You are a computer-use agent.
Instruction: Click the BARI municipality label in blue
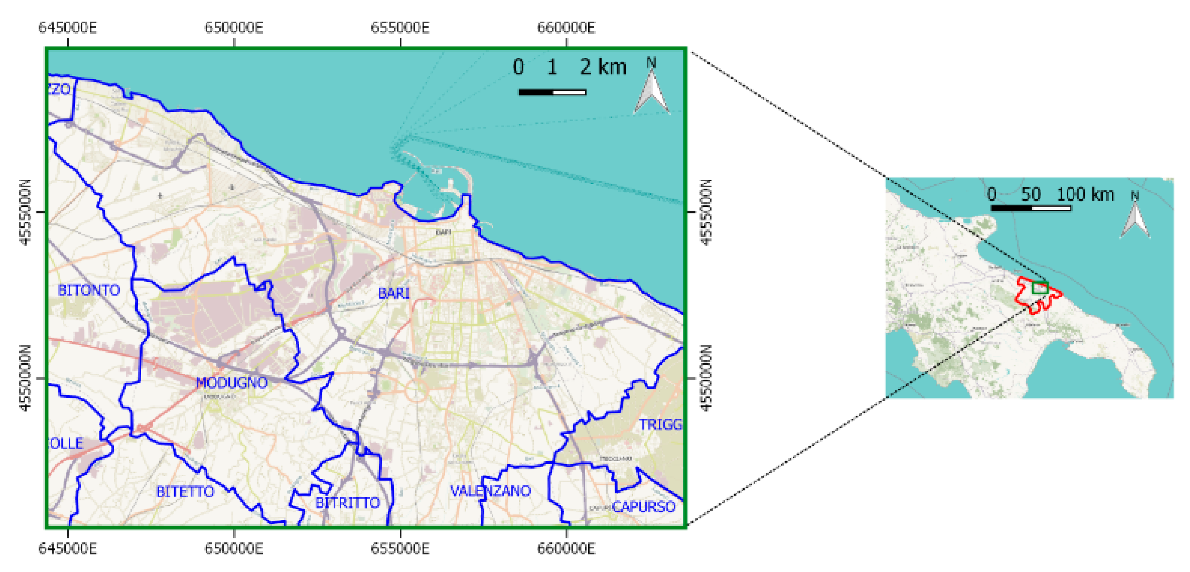[x=394, y=293]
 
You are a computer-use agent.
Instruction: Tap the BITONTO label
[x=89, y=290]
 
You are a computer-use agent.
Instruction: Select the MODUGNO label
[x=231, y=382]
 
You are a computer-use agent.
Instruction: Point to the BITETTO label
[x=185, y=492]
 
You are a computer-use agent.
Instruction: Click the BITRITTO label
[x=348, y=502]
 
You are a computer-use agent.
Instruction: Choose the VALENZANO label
[x=491, y=491]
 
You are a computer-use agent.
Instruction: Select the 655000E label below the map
[x=400, y=548]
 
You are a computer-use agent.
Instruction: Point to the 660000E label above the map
[x=566, y=28]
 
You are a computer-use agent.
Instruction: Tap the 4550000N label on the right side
[x=706, y=378]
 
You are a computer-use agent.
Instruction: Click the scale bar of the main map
[x=552, y=92]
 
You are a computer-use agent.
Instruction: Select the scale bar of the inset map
[x=1030, y=208]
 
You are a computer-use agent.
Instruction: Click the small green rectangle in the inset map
[x=1040, y=287]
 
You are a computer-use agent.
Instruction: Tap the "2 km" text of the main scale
[x=603, y=67]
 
